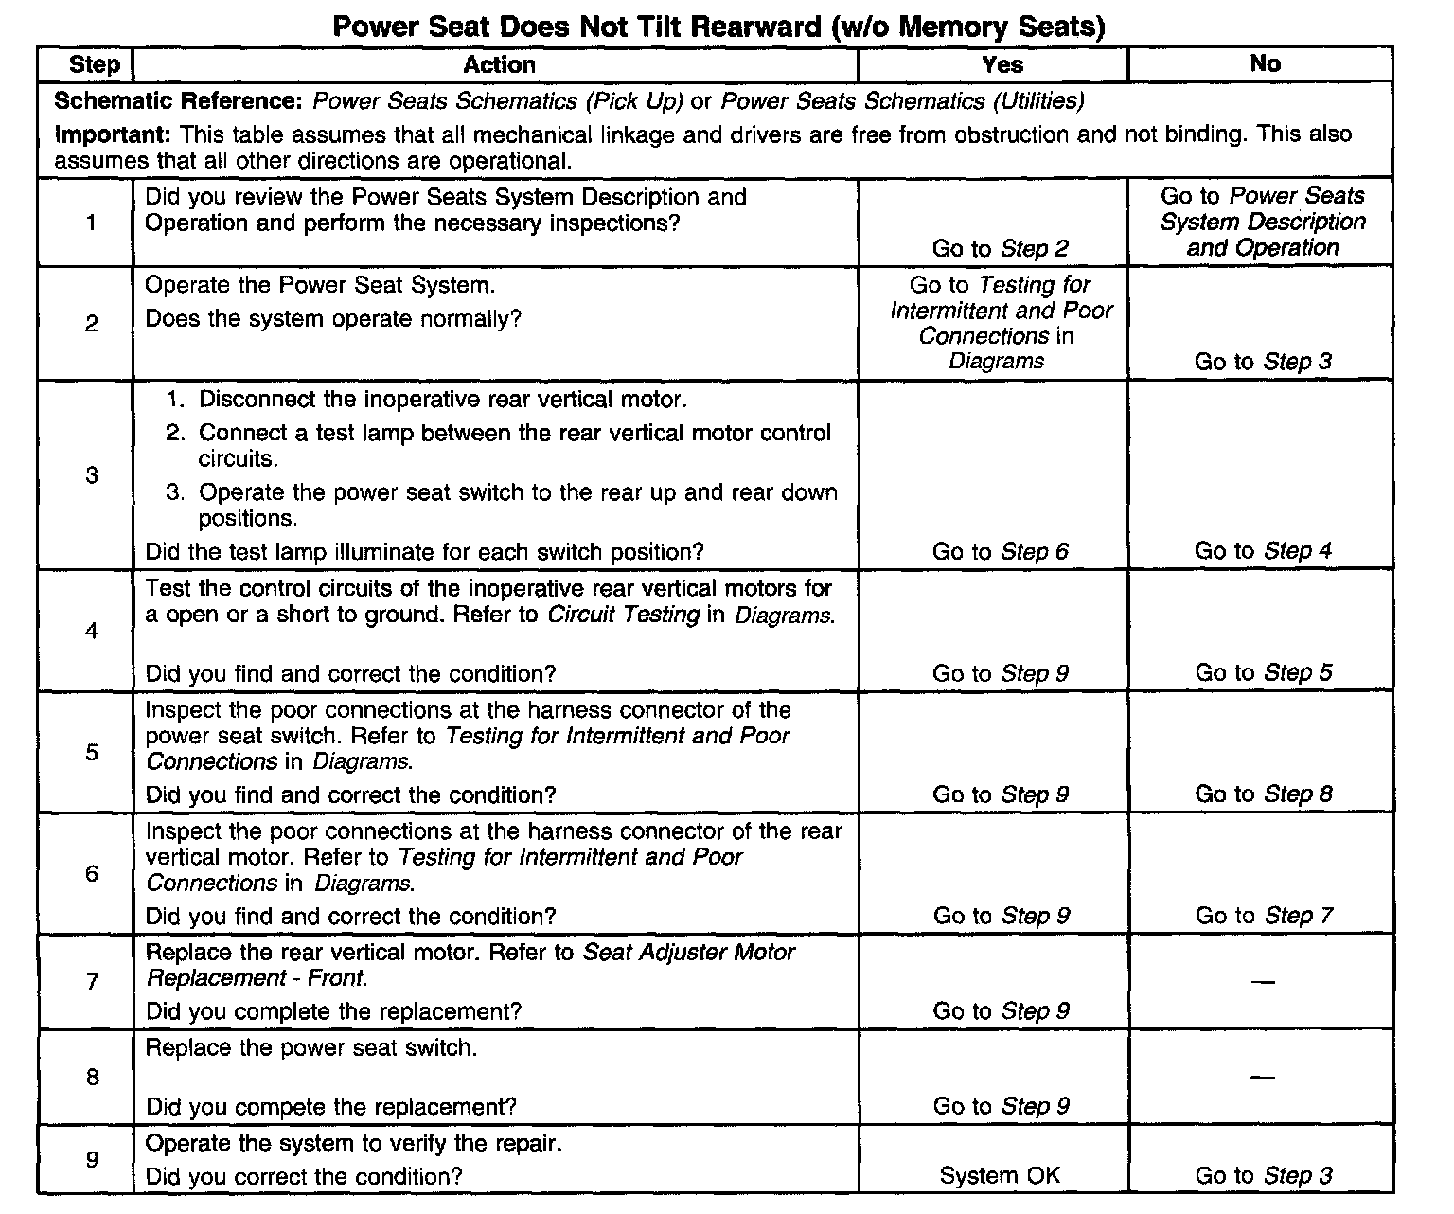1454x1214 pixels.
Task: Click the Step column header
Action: (94, 64)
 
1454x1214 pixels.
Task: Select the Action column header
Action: (499, 64)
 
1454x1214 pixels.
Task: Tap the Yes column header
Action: (1002, 64)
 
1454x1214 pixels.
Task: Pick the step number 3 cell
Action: (92, 474)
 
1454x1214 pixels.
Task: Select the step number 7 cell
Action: (92, 981)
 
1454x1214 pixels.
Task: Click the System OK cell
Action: (1000, 1175)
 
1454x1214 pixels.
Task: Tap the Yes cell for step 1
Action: (1000, 248)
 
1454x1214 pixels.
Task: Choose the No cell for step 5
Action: (1263, 794)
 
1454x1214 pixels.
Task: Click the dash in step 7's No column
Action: (1262, 981)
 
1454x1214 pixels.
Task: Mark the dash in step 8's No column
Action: (1262, 1076)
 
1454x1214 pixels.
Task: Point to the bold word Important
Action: (113, 134)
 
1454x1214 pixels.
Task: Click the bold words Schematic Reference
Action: (180, 101)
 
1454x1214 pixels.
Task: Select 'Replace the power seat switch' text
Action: (311, 1048)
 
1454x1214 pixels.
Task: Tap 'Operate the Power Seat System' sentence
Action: (320, 285)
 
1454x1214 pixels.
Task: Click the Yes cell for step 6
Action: (1001, 916)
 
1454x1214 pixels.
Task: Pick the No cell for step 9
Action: (1263, 1175)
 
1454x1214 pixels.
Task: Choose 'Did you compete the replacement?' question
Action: (331, 1107)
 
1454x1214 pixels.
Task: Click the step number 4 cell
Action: (92, 630)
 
